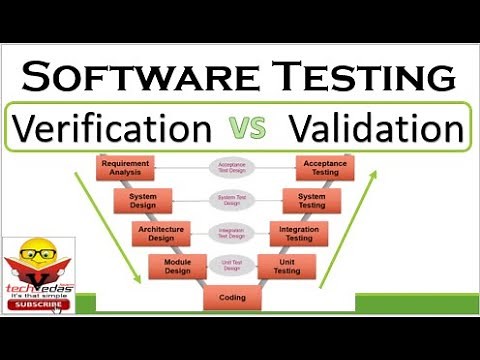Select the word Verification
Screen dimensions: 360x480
pos(112,128)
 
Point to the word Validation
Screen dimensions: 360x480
pos(375,128)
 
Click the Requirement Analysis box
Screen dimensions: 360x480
pos(125,168)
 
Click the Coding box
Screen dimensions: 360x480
pos(232,297)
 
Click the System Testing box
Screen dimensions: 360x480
pos(311,200)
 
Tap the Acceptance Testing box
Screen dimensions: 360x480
pos(324,168)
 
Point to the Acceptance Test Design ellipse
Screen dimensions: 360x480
pos(232,168)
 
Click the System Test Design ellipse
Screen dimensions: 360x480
pos(232,200)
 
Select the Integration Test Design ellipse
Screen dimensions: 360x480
pos(232,233)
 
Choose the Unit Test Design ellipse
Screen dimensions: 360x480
pos(232,265)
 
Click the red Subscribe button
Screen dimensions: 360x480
pos(32,304)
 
